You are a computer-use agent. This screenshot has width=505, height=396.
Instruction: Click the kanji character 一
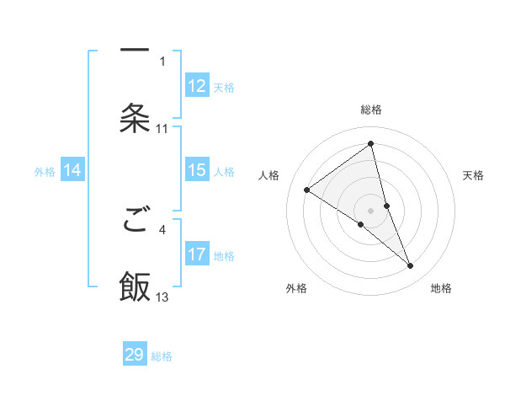(x=135, y=50)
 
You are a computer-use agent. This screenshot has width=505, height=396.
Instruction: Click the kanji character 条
(x=135, y=118)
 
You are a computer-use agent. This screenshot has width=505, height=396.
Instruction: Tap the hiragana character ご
(x=135, y=222)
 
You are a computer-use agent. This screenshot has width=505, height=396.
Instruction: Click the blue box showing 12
(x=197, y=86)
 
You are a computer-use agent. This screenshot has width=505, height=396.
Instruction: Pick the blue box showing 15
(x=197, y=170)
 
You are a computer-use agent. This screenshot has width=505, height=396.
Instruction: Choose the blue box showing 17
(x=197, y=254)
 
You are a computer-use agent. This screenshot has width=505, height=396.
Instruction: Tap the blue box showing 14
(x=72, y=170)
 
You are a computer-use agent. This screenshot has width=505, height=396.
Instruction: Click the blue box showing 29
(x=135, y=355)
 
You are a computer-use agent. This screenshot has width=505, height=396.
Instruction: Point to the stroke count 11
(x=162, y=129)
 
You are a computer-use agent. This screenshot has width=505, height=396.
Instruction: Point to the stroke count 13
(x=162, y=297)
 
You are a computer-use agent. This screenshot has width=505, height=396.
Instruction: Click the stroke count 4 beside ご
(x=162, y=228)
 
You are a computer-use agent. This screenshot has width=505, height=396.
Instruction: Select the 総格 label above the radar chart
(x=371, y=110)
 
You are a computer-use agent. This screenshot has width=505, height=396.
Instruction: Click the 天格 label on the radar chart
(x=474, y=175)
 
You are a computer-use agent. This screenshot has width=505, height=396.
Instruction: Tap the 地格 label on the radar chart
(x=441, y=288)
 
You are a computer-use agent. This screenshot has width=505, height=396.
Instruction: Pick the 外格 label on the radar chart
(x=296, y=288)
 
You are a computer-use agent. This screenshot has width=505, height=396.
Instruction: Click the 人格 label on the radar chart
(x=269, y=175)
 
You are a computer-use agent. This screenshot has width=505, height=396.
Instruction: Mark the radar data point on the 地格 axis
(x=411, y=266)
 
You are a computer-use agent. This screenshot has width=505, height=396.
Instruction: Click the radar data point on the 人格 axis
(x=307, y=190)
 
